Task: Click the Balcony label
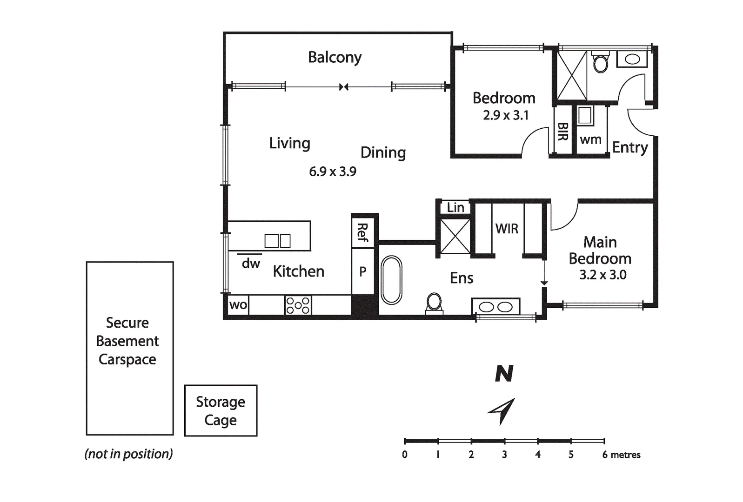335,57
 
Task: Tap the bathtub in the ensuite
391,280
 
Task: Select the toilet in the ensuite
434,303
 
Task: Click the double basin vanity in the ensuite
495,307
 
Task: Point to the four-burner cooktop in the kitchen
298,305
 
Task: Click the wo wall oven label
238,305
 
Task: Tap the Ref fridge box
362,232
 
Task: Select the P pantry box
362,271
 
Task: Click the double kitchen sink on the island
278,241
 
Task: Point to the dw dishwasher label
251,264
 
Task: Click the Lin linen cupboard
455,207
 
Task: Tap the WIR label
507,228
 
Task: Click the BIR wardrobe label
562,132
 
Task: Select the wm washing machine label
590,139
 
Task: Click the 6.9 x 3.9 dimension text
333,172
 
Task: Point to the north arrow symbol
502,410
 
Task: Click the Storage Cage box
221,410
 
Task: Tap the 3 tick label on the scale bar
504,455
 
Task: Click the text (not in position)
128,454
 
